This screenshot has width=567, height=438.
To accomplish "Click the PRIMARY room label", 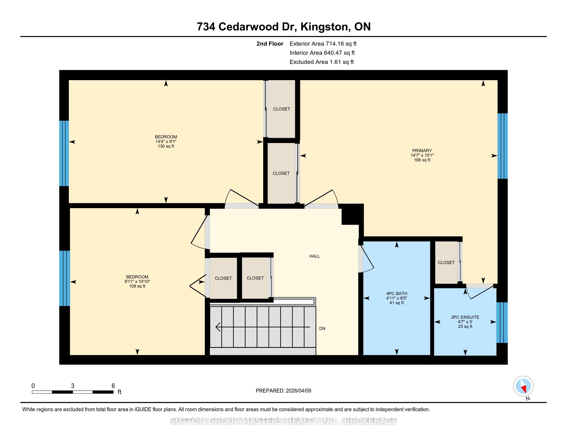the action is pyautogui.click(x=422, y=150).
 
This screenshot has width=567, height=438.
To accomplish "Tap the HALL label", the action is pyautogui.click(x=314, y=256).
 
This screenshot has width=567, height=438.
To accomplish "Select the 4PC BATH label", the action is pyautogui.click(x=396, y=293).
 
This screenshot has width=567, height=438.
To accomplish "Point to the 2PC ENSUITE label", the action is pyautogui.click(x=465, y=317).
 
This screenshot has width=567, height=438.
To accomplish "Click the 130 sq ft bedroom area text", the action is pyautogui.click(x=166, y=146).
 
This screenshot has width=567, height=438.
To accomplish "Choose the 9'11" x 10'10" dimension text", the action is pyautogui.click(x=137, y=282).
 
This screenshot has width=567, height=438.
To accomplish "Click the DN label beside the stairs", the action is pyautogui.click(x=322, y=328).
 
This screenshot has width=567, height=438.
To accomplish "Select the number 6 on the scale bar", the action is pyautogui.click(x=113, y=386).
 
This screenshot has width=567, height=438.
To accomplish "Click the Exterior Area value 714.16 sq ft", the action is pyautogui.click(x=341, y=44).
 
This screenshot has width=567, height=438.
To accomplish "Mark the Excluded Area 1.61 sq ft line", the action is pyautogui.click(x=322, y=62).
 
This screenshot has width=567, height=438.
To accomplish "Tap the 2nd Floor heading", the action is pyautogui.click(x=270, y=44).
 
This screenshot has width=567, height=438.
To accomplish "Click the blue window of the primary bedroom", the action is pyautogui.click(x=502, y=146).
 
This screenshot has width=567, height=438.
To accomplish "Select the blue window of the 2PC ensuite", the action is pyautogui.click(x=502, y=323).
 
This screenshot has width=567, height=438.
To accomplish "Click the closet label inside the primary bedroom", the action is pyautogui.click(x=446, y=263).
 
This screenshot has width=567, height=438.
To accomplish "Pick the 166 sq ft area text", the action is pyautogui.click(x=422, y=160).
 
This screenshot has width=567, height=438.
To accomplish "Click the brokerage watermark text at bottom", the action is pyautogui.click(x=283, y=421).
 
